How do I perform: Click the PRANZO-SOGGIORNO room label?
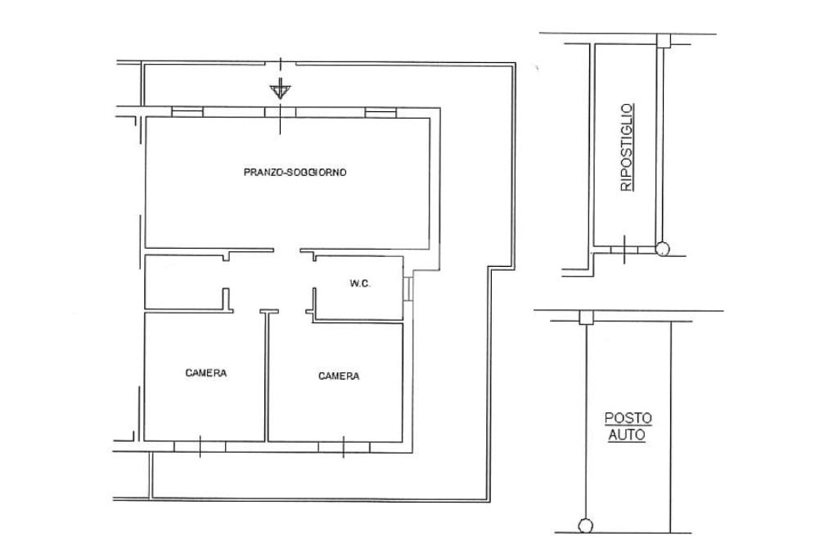point(295,172)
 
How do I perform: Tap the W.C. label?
point(360,283)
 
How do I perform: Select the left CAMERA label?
point(205,372)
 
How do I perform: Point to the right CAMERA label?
point(339,376)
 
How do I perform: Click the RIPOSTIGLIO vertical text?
point(626,147)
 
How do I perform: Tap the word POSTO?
point(628,418)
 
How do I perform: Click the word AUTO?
point(628,435)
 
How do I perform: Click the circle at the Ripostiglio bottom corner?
point(662,249)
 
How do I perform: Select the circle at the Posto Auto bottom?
point(586,526)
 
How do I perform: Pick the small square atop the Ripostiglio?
point(663,41)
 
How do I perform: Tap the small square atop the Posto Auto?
point(586,318)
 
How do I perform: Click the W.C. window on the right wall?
point(408,289)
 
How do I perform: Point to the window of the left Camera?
point(200,447)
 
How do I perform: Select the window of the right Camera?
point(343,447)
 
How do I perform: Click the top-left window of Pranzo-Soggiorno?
point(187,112)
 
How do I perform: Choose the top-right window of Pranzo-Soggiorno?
point(381,112)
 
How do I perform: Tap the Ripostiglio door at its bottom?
point(624,249)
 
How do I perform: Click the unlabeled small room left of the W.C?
point(184,282)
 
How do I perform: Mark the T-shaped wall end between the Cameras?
point(269,311)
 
